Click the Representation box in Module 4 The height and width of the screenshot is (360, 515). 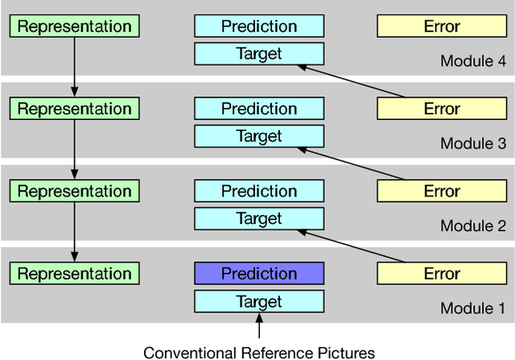(74, 27)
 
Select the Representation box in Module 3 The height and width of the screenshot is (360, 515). (74, 109)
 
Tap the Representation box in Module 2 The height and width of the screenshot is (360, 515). (74, 191)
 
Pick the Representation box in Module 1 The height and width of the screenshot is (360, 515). (74, 274)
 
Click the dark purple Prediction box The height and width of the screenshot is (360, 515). (259, 274)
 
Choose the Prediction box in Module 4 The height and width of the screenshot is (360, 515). (259, 27)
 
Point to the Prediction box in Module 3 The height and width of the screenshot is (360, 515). (259, 109)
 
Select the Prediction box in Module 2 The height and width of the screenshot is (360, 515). (259, 191)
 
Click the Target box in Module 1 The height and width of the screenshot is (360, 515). (259, 301)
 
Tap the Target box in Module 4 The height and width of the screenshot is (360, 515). (259, 54)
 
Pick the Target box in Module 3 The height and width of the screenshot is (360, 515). (259, 136)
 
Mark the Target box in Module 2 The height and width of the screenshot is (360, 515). (259, 218)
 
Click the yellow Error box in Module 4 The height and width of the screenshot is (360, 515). (442, 27)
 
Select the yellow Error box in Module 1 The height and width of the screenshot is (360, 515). (442, 274)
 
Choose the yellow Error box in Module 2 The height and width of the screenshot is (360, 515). (442, 191)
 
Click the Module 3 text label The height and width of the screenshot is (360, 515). (472, 144)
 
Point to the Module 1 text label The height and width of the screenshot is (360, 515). (472, 308)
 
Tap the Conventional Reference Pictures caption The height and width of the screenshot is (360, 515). (259, 352)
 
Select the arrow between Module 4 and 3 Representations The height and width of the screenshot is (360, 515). (74, 66)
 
